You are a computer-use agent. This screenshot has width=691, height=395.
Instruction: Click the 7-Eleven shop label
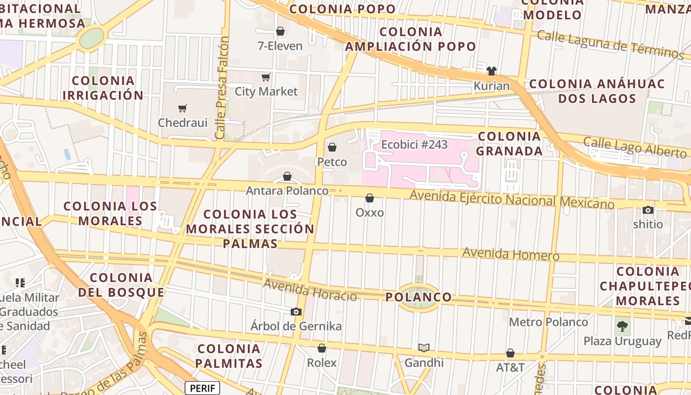[x=280, y=46]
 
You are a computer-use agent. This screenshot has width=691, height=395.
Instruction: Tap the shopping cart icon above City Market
[x=266, y=77]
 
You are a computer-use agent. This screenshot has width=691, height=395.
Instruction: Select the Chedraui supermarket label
[x=183, y=122]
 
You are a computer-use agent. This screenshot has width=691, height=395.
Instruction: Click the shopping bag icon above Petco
[x=332, y=147]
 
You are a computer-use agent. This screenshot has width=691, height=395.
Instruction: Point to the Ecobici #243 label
[x=414, y=145]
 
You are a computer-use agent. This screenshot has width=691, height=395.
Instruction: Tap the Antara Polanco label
[x=287, y=191]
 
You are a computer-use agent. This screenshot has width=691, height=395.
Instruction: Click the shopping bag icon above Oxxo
[x=370, y=198]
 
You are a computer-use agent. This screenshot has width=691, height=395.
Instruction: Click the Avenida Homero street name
[x=510, y=254]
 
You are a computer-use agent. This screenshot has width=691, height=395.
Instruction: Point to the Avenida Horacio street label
[x=309, y=290]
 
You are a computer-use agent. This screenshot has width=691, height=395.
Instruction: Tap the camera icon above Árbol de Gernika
[x=296, y=312]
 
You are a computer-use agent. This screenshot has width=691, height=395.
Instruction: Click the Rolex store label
[x=322, y=363]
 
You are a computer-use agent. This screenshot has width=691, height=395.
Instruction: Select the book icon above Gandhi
[x=424, y=348]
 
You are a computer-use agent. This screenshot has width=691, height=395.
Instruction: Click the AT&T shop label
[x=510, y=367]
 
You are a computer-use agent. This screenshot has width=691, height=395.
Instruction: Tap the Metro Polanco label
[x=548, y=322]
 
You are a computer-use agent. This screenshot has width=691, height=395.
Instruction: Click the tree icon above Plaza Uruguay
[x=622, y=326]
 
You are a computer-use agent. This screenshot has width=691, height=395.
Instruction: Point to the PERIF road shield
[x=202, y=388]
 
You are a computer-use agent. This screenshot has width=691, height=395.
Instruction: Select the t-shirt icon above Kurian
[x=491, y=71]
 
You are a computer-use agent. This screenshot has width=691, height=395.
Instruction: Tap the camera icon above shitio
[x=648, y=210]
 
